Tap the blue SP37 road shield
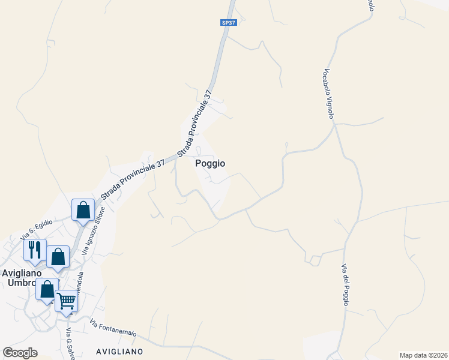tap(227, 23)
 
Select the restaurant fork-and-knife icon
tap(34, 250)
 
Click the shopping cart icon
tap(67, 301)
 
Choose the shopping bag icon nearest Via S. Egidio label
tap(83, 210)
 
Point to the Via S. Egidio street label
tap(38, 229)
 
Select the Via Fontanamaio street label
tap(113, 329)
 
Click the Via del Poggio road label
tap(345, 284)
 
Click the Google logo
tap(20, 353)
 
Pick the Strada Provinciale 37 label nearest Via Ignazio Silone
tap(132, 179)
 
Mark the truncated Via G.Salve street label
tap(70, 341)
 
